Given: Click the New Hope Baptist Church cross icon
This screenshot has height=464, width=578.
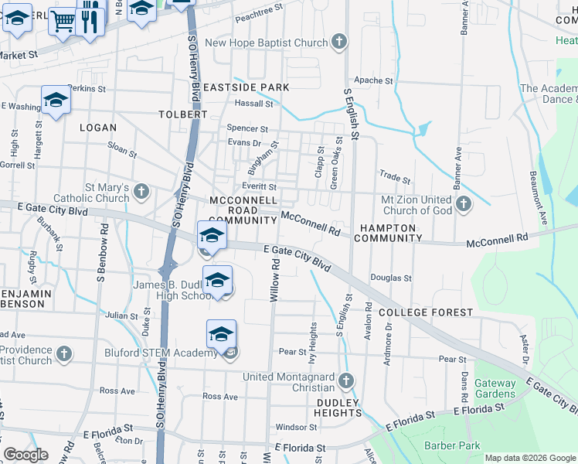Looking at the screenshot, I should pos(338,43).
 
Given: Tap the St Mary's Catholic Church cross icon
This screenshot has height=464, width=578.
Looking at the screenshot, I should pos(141,191).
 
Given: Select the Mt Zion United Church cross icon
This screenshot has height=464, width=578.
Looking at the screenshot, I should pos(463,204).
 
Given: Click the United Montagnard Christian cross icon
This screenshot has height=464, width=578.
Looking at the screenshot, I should pos(346,380).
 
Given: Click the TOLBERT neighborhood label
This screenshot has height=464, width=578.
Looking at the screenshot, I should pos(183,114).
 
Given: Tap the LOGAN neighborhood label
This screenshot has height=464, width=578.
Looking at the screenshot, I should pos(97,128).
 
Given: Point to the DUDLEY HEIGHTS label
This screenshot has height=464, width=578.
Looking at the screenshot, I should pos(338,408).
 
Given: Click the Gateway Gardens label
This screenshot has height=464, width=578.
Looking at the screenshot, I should pos(495,388).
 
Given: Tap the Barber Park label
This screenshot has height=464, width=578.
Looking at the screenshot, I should pos(452,445).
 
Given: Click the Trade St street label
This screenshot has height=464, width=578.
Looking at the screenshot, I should pos(395,177).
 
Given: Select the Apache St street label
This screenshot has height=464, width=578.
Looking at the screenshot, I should pos(373,80).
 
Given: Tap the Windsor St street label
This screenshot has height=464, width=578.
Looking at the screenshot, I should pos(296,427).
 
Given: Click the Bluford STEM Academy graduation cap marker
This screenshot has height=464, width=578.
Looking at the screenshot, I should pos(221,334).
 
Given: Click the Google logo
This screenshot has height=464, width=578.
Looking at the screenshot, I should pos(25,455).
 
